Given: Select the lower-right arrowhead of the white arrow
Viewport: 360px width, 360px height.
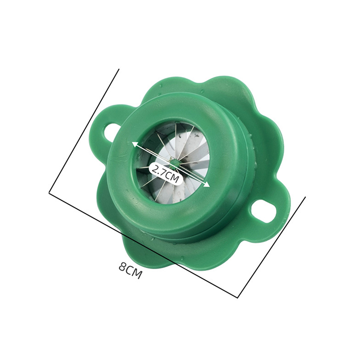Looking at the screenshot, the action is pyautogui.click(x=207, y=184).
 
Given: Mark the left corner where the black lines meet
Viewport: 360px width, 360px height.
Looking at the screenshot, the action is pyautogui.click(x=49, y=193).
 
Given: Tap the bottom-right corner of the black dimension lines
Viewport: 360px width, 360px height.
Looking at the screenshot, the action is pyautogui.click(x=238, y=298).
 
